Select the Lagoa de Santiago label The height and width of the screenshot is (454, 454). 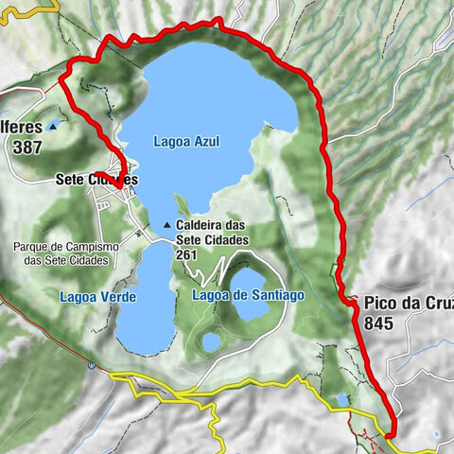[x=248, y=295]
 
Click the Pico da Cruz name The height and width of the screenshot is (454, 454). [x=407, y=305]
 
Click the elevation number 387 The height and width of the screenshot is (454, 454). [x=31, y=148]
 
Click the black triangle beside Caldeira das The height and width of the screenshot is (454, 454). [x=167, y=225]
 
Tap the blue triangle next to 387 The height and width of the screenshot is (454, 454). [x=53, y=124]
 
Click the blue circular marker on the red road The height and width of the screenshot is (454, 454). [x=91, y=364]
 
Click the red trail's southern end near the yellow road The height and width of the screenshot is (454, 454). [x=389, y=435]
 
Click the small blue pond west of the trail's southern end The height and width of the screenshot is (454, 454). [x=341, y=399]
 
